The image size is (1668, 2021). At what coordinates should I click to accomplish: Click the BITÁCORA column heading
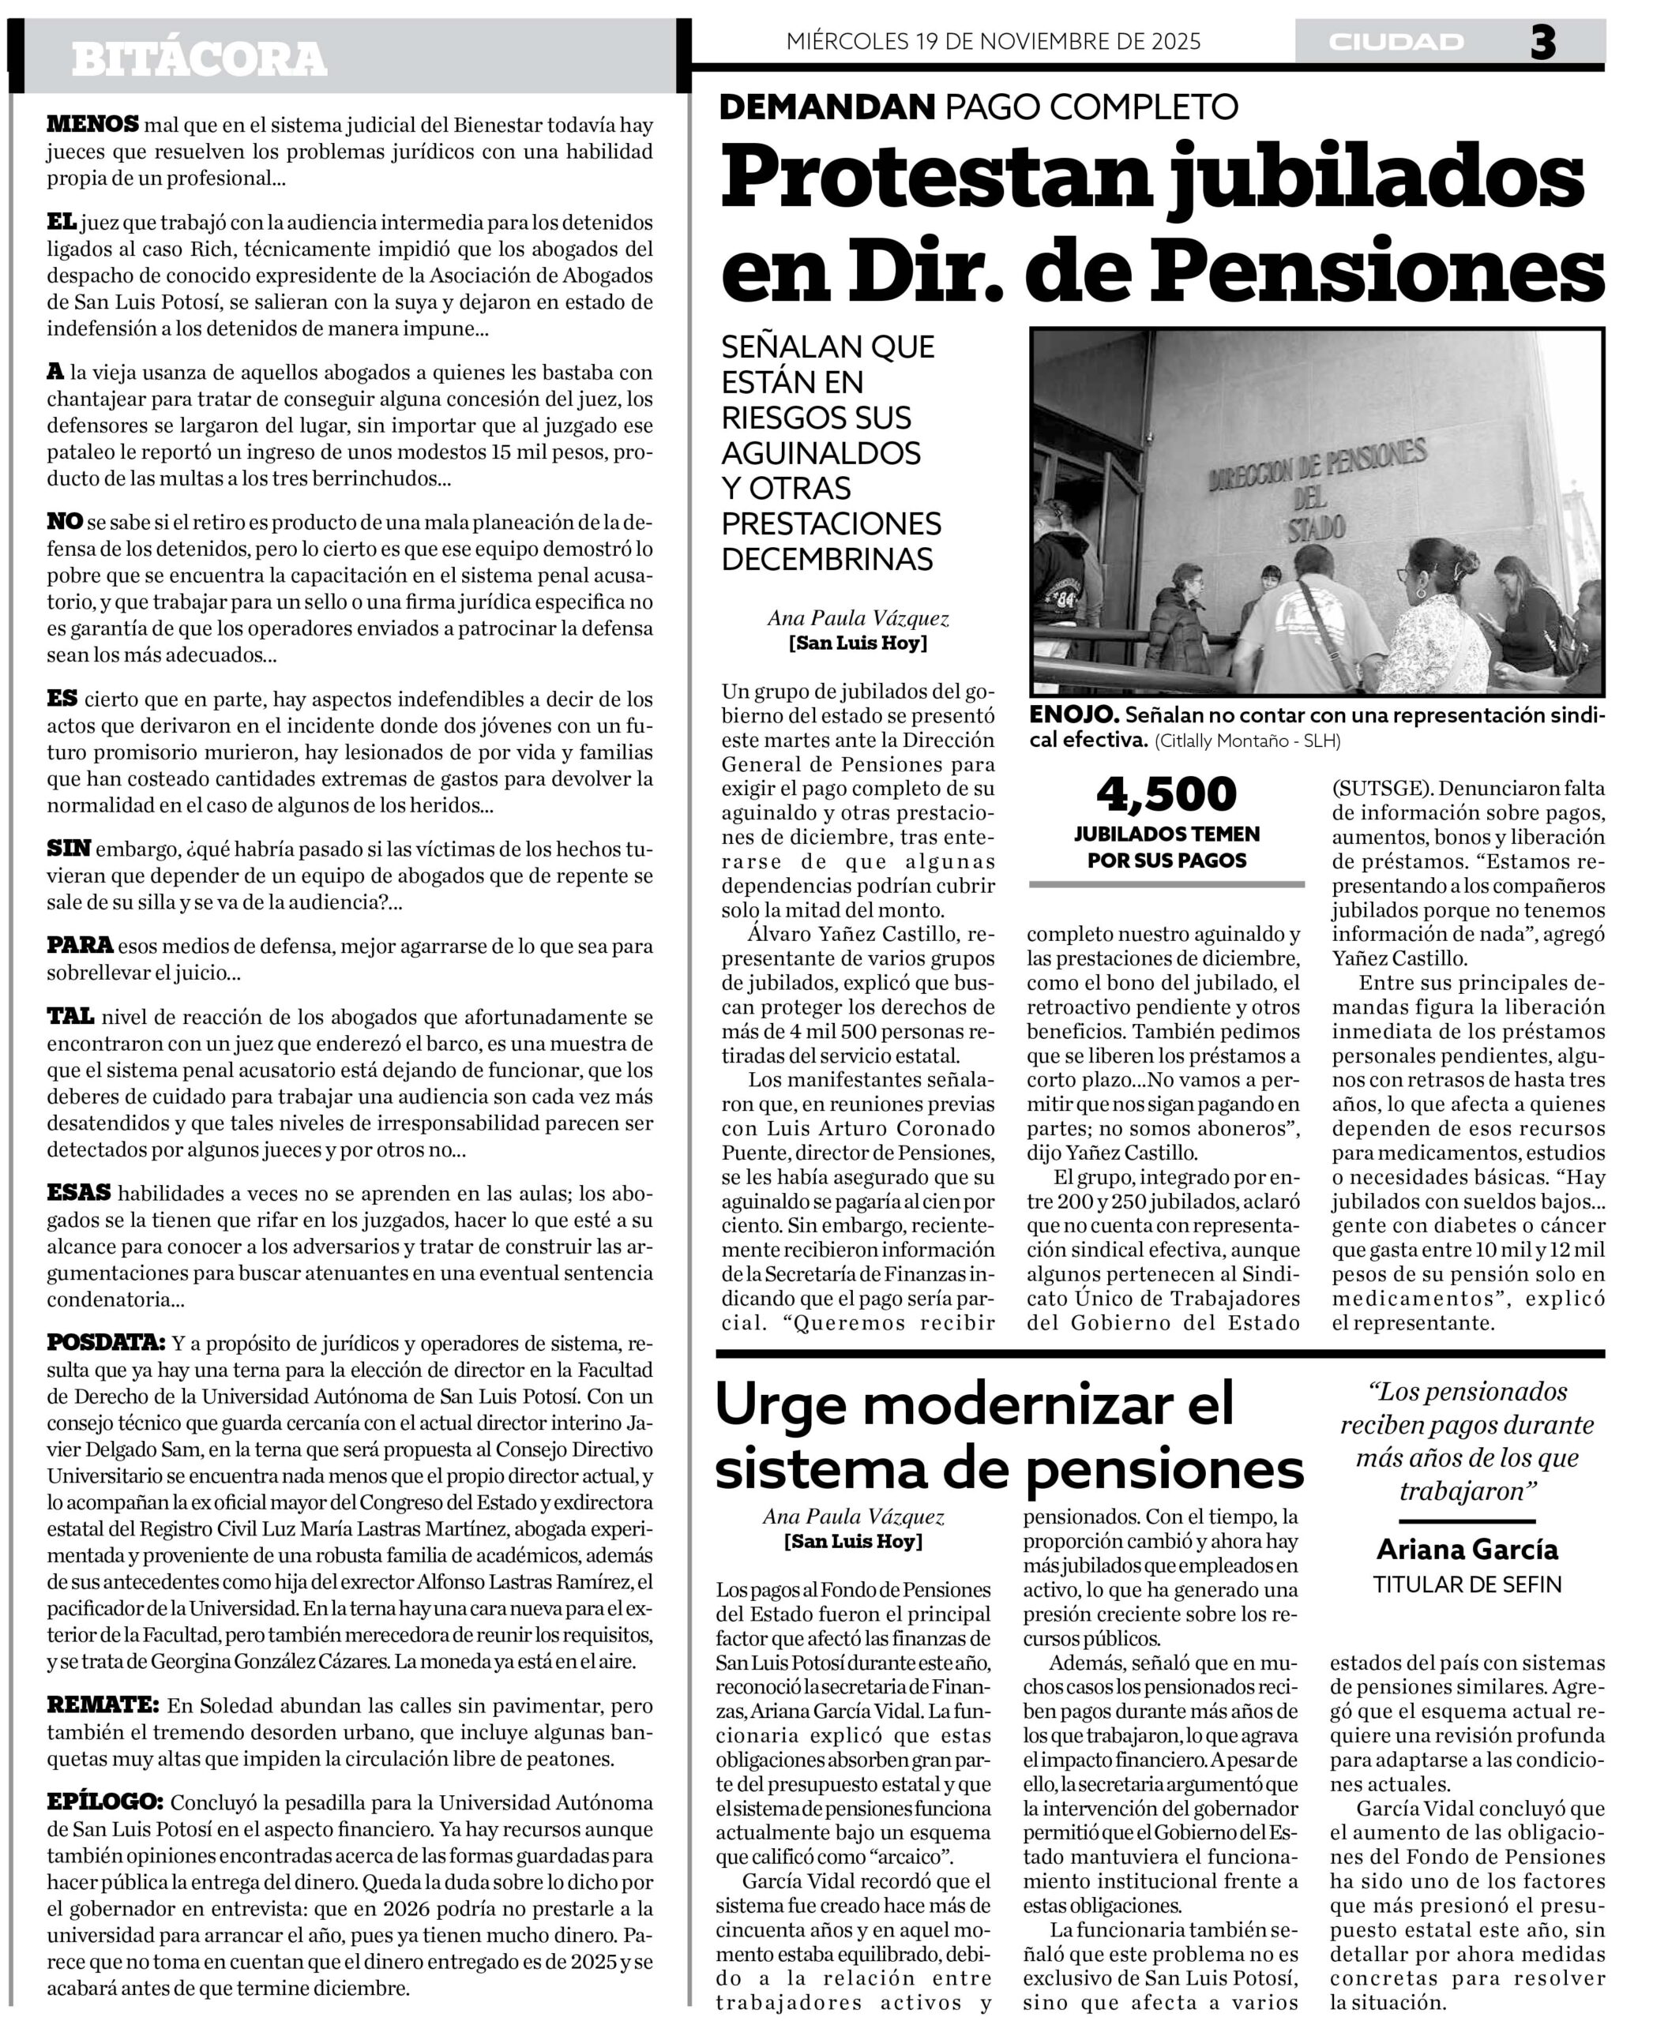(x=199, y=59)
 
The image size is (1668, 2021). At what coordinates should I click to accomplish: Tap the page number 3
(x=1542, y=43)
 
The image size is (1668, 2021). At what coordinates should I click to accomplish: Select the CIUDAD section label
(x=1396, y=43)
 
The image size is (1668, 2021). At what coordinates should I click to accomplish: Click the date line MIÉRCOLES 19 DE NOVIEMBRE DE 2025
(x=993, y=41)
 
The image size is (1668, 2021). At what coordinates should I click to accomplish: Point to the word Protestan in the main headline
(x=926, y=178)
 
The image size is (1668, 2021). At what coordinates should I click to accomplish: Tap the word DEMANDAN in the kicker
(x=826, y=107)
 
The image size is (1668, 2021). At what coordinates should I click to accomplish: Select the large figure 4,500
(x=1166, y=794)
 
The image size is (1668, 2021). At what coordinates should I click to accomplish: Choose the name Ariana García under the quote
(x=1467, y=1550)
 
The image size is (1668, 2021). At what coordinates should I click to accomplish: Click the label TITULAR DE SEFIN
(x=1467, y=1584)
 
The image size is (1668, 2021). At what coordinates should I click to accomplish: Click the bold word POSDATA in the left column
(x=106, y=1343)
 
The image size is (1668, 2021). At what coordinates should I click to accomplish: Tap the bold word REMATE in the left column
(x=102, y=1706)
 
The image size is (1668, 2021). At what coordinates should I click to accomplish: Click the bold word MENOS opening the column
(x=92, y=124)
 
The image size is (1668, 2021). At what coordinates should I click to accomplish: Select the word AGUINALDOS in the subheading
(x=821, y=452)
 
